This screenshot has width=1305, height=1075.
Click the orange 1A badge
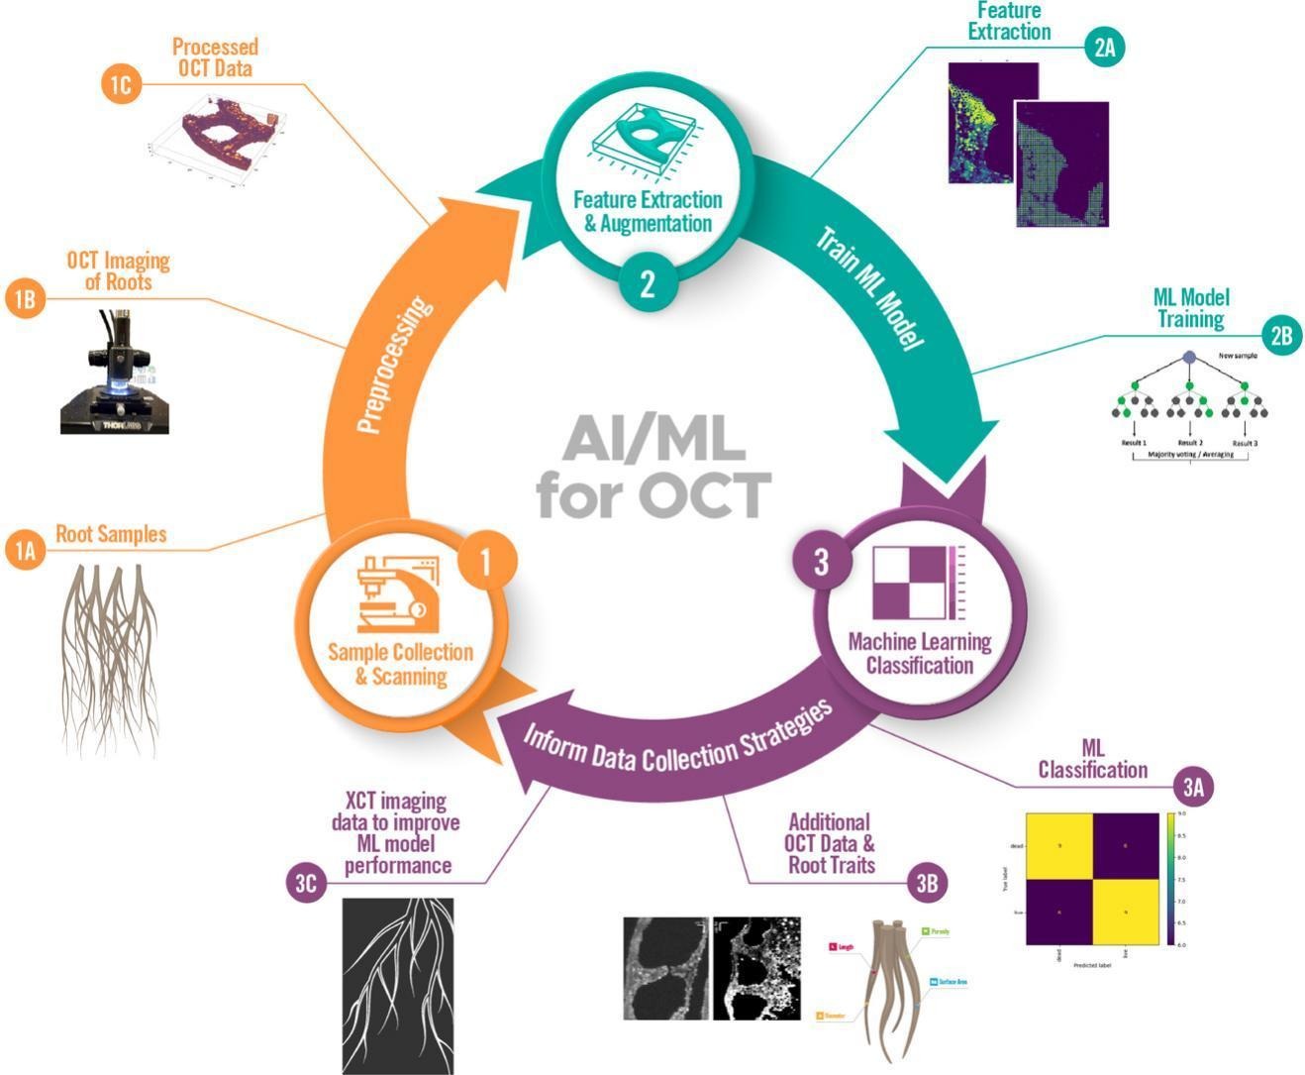click(x=25, y=549)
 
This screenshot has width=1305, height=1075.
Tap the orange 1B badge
click(x=25, y=298)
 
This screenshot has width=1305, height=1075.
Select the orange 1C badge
click(x=120, y=84)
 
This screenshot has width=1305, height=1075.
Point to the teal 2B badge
click(x=1281, y=335)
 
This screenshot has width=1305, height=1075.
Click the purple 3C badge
click(x=305, y=882)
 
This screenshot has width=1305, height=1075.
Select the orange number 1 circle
click(x=485, y=562)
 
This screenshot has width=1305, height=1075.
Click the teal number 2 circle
click(x=648, y=284)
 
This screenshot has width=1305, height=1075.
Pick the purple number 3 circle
click(x=821, y=563)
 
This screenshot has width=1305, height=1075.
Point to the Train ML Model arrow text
click(x=869, y=287)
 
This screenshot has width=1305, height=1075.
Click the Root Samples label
click(x=110, y=534)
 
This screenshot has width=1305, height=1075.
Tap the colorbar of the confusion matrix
click(x=1172, y=879)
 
